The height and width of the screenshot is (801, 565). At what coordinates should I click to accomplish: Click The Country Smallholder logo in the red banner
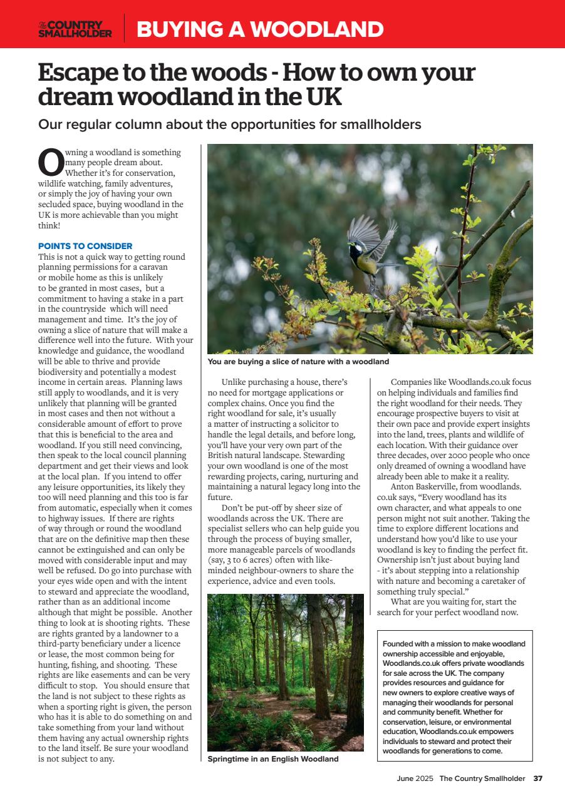[75, 29]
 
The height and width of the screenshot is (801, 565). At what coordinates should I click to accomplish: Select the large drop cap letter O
[51, 162]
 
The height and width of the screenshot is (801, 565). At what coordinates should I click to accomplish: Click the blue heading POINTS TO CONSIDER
[85, 246]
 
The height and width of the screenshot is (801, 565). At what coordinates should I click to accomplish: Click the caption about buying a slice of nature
[298, 362]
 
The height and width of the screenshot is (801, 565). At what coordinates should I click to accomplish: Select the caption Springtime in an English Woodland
[272, 759]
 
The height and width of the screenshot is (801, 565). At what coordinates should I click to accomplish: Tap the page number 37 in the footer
[537, 779]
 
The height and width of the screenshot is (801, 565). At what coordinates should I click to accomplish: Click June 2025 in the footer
[415, 779]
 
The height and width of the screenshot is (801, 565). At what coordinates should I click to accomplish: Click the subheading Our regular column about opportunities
[229, 125]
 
